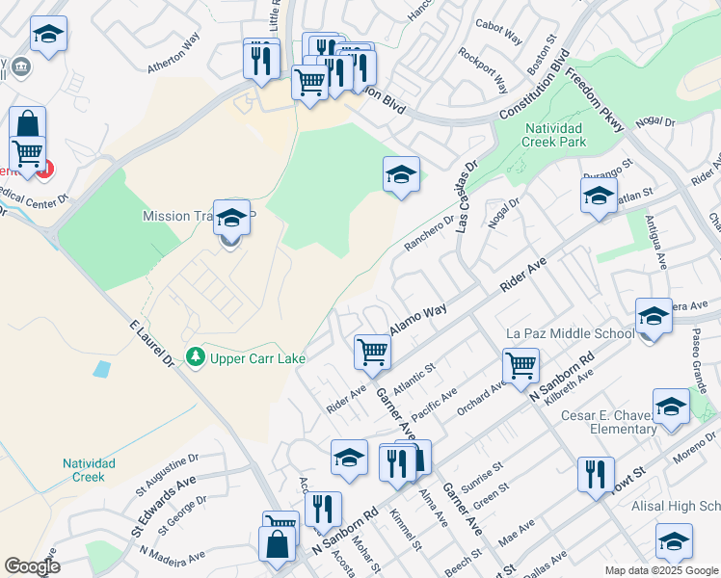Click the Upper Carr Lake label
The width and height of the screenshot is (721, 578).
click(258, 358)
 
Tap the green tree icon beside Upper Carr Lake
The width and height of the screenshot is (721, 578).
click(196, 357)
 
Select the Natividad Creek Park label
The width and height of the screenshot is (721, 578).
click(569, 134)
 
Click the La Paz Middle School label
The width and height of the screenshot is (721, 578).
click(569, 333)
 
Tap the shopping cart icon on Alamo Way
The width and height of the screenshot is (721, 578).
click(372, 353)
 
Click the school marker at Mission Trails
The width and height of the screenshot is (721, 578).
click(231, 219)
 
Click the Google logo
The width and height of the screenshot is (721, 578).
click(32, 565)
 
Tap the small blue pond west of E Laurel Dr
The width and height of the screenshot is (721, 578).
click(102, 368)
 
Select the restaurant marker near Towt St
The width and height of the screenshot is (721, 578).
click(596, 474)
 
